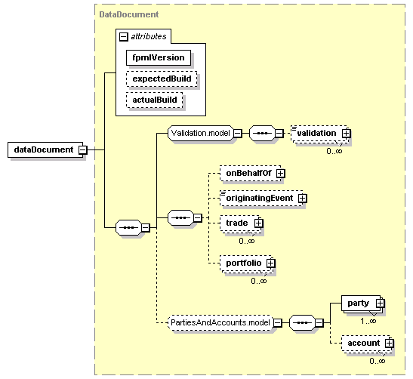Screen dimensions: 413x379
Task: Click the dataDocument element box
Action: coord(45,149)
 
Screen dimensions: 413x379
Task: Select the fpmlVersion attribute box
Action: coord(159,57)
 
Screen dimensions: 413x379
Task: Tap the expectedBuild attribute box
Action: coord(162,79)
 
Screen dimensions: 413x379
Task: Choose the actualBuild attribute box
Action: coord(155,100)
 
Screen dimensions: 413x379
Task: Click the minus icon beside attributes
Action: coord(124,36)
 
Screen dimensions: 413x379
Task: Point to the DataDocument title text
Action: coord(129,14)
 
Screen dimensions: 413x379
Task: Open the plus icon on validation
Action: coord(347,134)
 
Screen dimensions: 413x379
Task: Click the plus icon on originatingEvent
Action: coord(302,199)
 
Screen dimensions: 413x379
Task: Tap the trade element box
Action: coord(241,223)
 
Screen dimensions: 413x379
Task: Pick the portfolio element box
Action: coord(247,263)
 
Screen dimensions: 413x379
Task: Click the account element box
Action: coord(366,344)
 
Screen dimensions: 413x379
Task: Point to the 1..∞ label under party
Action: coord(368,321)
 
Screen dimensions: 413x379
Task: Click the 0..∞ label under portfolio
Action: coord(259,281)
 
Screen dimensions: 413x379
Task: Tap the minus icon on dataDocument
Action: coord(83,149)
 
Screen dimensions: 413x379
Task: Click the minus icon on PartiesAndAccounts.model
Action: coord(277,322)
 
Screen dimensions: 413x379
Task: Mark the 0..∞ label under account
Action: coord(378,361)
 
